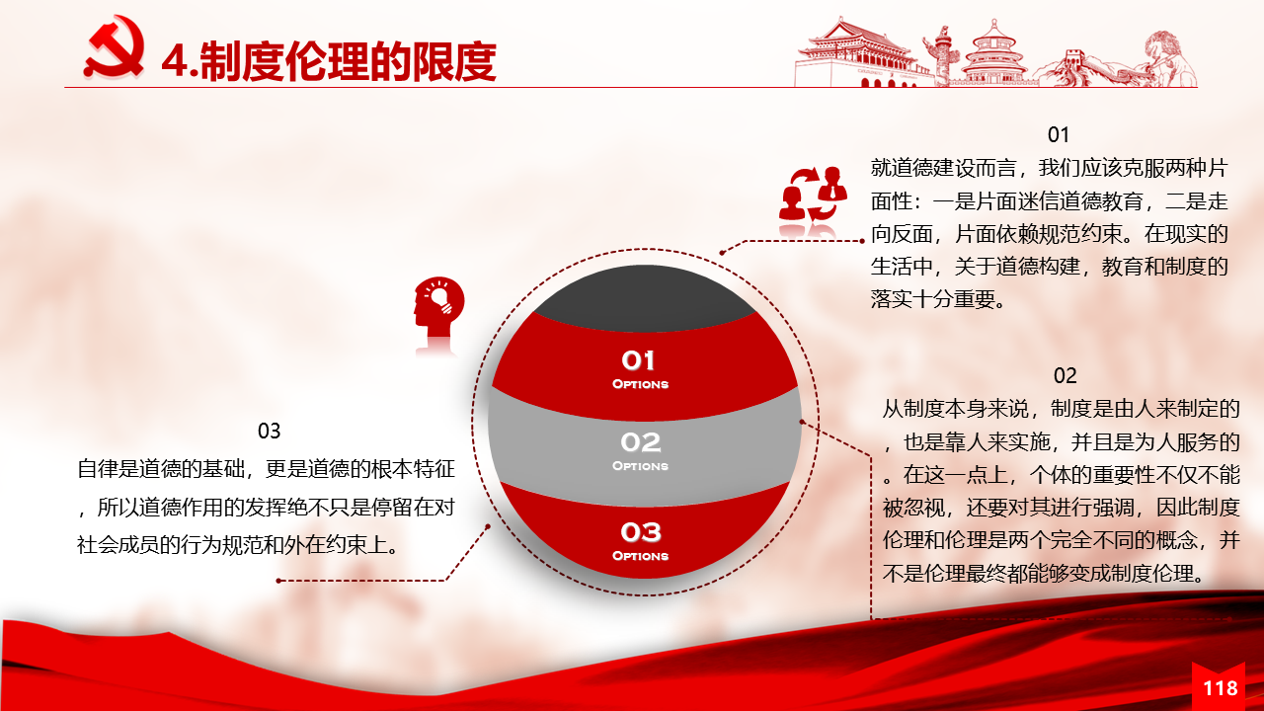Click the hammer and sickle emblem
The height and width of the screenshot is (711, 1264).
(x=114, y=47)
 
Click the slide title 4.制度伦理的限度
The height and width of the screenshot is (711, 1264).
(x=329, y=61)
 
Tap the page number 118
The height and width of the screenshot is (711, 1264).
(x=1221, y=688)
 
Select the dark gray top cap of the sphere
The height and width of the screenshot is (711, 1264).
(x=645, y=298)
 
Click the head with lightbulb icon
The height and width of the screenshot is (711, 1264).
(x=439, y=307)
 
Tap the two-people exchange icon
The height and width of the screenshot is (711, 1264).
(x=813, y=195)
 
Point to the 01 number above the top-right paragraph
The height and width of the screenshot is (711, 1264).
(x=1058, y=135)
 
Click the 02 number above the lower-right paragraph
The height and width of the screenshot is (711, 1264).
(x=1065, y=376)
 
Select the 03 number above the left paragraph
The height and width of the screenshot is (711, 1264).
(x=270, y=432)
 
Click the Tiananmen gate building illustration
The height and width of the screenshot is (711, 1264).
(x=858, y=53)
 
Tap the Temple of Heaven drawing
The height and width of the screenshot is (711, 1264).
(x=994, y=53)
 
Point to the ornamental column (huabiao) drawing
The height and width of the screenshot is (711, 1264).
(x=941, y=55)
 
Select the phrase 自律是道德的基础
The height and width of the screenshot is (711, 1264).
(x=160, y=469)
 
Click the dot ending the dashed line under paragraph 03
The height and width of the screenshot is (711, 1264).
(x=278, y=581)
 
